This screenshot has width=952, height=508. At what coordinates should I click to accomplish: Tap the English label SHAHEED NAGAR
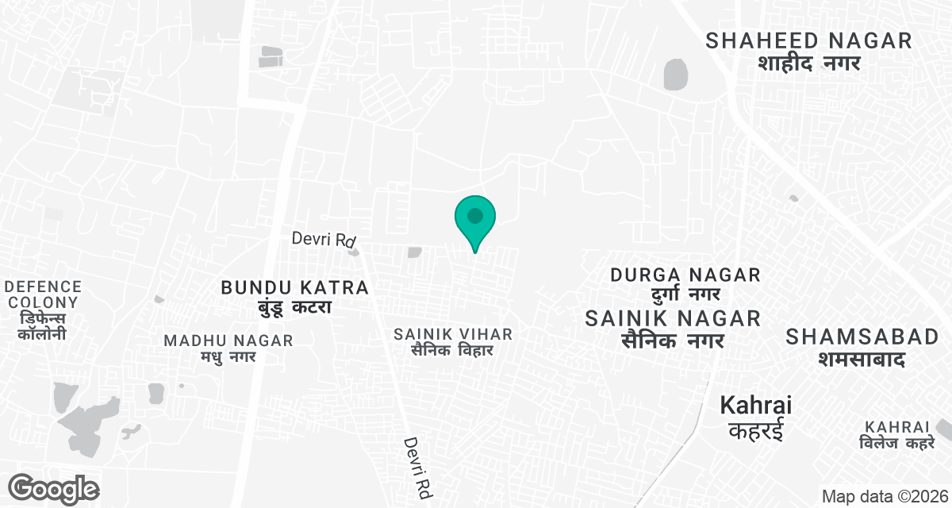[808, 41]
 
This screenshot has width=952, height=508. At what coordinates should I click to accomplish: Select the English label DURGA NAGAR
[685, 275]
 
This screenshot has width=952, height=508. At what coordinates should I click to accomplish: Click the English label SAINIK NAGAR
[673, 318]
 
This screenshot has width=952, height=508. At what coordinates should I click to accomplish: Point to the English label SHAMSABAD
[862, 337]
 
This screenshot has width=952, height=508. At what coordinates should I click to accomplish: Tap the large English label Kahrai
[755, 406]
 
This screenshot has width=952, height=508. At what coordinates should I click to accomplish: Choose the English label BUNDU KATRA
[295, 287]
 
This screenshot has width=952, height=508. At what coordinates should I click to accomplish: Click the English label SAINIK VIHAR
[453, 334]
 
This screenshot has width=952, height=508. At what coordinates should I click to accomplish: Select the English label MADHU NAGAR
[228, 341]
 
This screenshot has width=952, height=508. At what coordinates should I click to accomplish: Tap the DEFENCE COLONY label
[43, 294]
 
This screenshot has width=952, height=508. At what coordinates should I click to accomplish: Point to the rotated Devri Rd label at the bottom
[416, 467]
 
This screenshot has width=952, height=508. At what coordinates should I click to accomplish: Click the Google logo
[54, 488]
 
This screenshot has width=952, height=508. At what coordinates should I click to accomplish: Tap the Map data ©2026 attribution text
[884, 497]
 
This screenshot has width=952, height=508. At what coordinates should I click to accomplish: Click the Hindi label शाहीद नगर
[808, 63]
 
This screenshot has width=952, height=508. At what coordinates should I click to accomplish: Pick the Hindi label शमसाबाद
[862, 359]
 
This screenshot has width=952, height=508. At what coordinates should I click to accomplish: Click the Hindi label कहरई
[755, 431]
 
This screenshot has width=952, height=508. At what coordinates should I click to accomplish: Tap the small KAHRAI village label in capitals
[897, 427]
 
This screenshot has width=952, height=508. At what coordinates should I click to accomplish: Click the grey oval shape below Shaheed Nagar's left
[675, 74]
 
